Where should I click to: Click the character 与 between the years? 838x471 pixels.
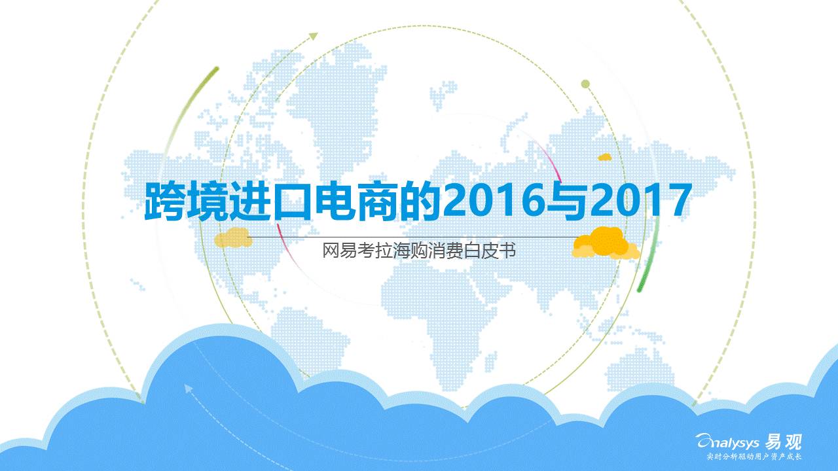(x=567, y=200)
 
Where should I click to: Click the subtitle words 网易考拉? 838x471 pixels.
(x=357, y=251)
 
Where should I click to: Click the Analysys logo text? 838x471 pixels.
(x=727, y=443)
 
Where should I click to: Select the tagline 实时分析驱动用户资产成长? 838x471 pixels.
(x=754, y=457)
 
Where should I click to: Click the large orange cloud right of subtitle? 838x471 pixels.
(x=606, y=243)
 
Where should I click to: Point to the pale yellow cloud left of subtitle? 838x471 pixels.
(x=234, y=238)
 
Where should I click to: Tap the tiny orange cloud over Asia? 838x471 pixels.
(x=604, y=157)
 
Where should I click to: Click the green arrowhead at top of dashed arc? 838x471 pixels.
(x=314, y=36)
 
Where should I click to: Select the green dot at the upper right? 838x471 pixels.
(x=585, y=84)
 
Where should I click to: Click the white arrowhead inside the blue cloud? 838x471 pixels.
(x=188, y=389)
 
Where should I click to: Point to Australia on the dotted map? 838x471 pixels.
(x=638, y=368)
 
